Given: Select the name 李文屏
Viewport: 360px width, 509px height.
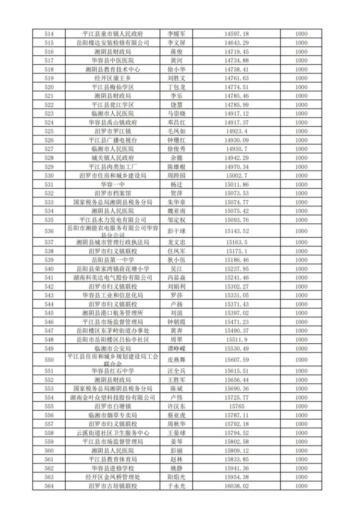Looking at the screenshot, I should [176, 43].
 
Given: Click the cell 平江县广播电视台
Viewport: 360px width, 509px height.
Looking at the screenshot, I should [113, 140].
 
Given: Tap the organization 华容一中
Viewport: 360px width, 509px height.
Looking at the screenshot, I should [113, 184].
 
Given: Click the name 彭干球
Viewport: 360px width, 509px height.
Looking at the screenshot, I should [176, 231].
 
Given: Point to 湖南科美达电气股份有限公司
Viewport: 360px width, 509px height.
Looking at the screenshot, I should [113, 278].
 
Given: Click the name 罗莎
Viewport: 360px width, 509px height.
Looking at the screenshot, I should [176, 295].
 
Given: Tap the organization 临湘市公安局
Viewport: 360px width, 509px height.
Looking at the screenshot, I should [113, 348].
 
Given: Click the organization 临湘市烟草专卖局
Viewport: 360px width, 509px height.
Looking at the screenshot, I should [113, 415].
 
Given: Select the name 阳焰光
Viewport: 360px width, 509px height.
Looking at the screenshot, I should [176, 477].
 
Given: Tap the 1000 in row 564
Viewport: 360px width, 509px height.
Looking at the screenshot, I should [301, 486].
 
